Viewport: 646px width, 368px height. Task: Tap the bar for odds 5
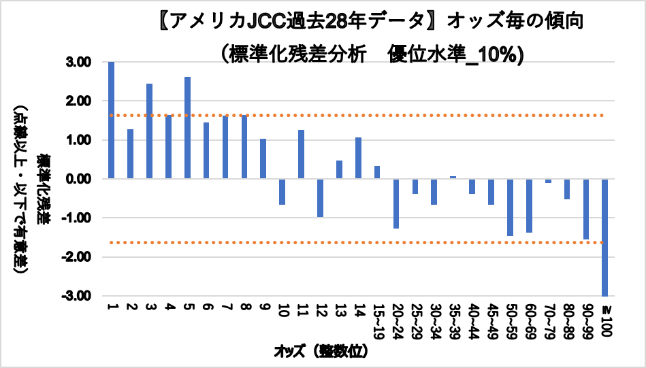187,128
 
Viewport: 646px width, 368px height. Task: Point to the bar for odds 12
320,198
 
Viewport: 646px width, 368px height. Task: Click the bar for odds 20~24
396,203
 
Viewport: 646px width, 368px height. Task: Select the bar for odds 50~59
510,207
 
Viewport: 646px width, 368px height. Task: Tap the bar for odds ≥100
604,237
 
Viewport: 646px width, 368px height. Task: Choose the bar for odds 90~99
585,209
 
